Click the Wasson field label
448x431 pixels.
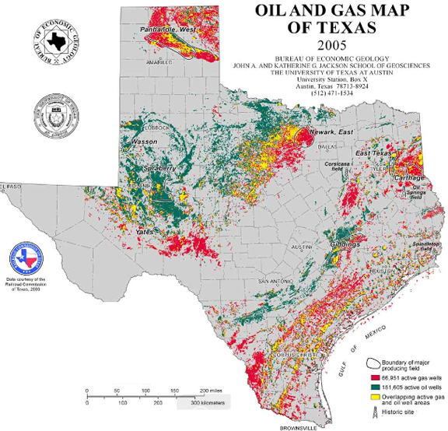145,142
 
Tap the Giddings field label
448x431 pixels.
343,244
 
